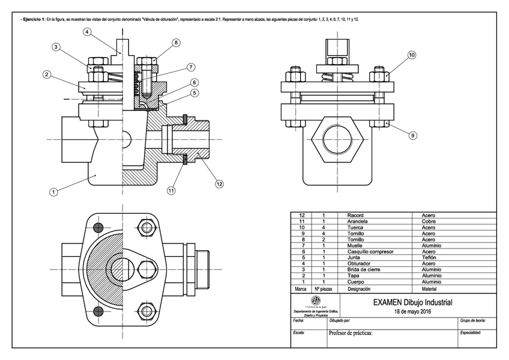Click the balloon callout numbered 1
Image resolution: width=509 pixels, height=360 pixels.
coord(53,192)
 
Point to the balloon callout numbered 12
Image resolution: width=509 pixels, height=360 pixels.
coord(220,184)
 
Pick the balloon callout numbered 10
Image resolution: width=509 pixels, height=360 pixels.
coord(412,55)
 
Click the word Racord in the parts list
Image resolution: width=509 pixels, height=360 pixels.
coord(355,215)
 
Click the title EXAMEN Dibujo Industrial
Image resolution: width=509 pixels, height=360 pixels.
coord(412,302)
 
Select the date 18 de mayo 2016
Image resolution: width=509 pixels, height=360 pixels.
coord(412,311)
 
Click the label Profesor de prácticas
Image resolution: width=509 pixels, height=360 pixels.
coord(351,333)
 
